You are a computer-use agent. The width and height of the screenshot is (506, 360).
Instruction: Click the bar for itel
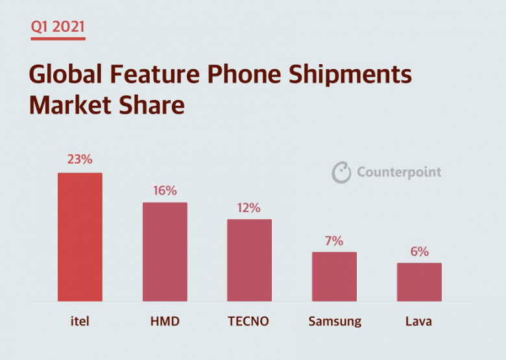(x=80, y=237)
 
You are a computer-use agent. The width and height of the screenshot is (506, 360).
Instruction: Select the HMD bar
(x=165, y=252)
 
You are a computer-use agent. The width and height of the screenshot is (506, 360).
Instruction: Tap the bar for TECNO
(x=249, y=260)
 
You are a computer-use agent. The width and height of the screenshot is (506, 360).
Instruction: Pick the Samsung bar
(x=334, y=276)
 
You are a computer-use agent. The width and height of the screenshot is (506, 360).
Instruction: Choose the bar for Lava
(x=419, y=282)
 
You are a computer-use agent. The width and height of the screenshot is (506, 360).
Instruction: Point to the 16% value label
(x=165, y=191)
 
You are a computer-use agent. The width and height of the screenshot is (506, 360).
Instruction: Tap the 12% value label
(x=249, y=208)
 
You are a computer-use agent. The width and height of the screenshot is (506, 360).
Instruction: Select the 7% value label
(x=334, y=241)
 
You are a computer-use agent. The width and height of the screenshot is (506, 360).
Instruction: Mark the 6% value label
(x=419, y=252)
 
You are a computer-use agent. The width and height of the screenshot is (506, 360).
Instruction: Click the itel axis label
(x=80, y=321)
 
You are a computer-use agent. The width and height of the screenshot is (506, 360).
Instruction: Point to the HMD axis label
(x=165, y=321)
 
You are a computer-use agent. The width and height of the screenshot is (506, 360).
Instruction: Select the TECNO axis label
(x=249, y=321)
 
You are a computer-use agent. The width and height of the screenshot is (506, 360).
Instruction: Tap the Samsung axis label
(x=334, y=321)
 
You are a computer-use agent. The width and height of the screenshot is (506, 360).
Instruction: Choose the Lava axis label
(x=419, y=321)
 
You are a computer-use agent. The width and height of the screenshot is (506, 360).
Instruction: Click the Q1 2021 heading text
(x=57, y=27)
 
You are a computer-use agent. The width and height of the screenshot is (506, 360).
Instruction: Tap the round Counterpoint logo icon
(x=341, y=173)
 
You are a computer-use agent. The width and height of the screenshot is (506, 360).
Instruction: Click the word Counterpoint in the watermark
(x=399, y=173)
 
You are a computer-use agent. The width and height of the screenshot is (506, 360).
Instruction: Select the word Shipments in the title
(x=350, y=75)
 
